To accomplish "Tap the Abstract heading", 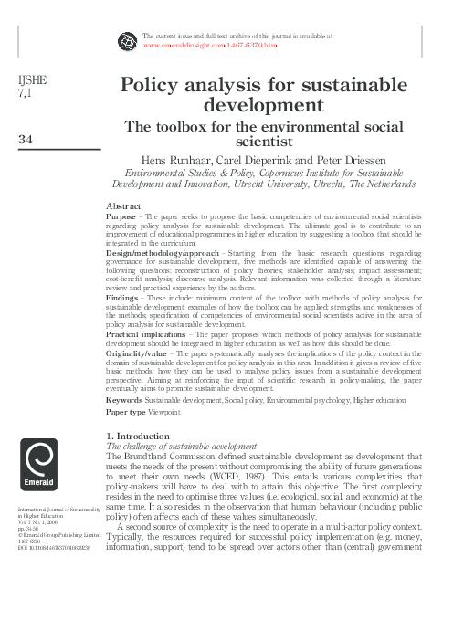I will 123,205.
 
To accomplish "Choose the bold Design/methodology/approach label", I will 162,251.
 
